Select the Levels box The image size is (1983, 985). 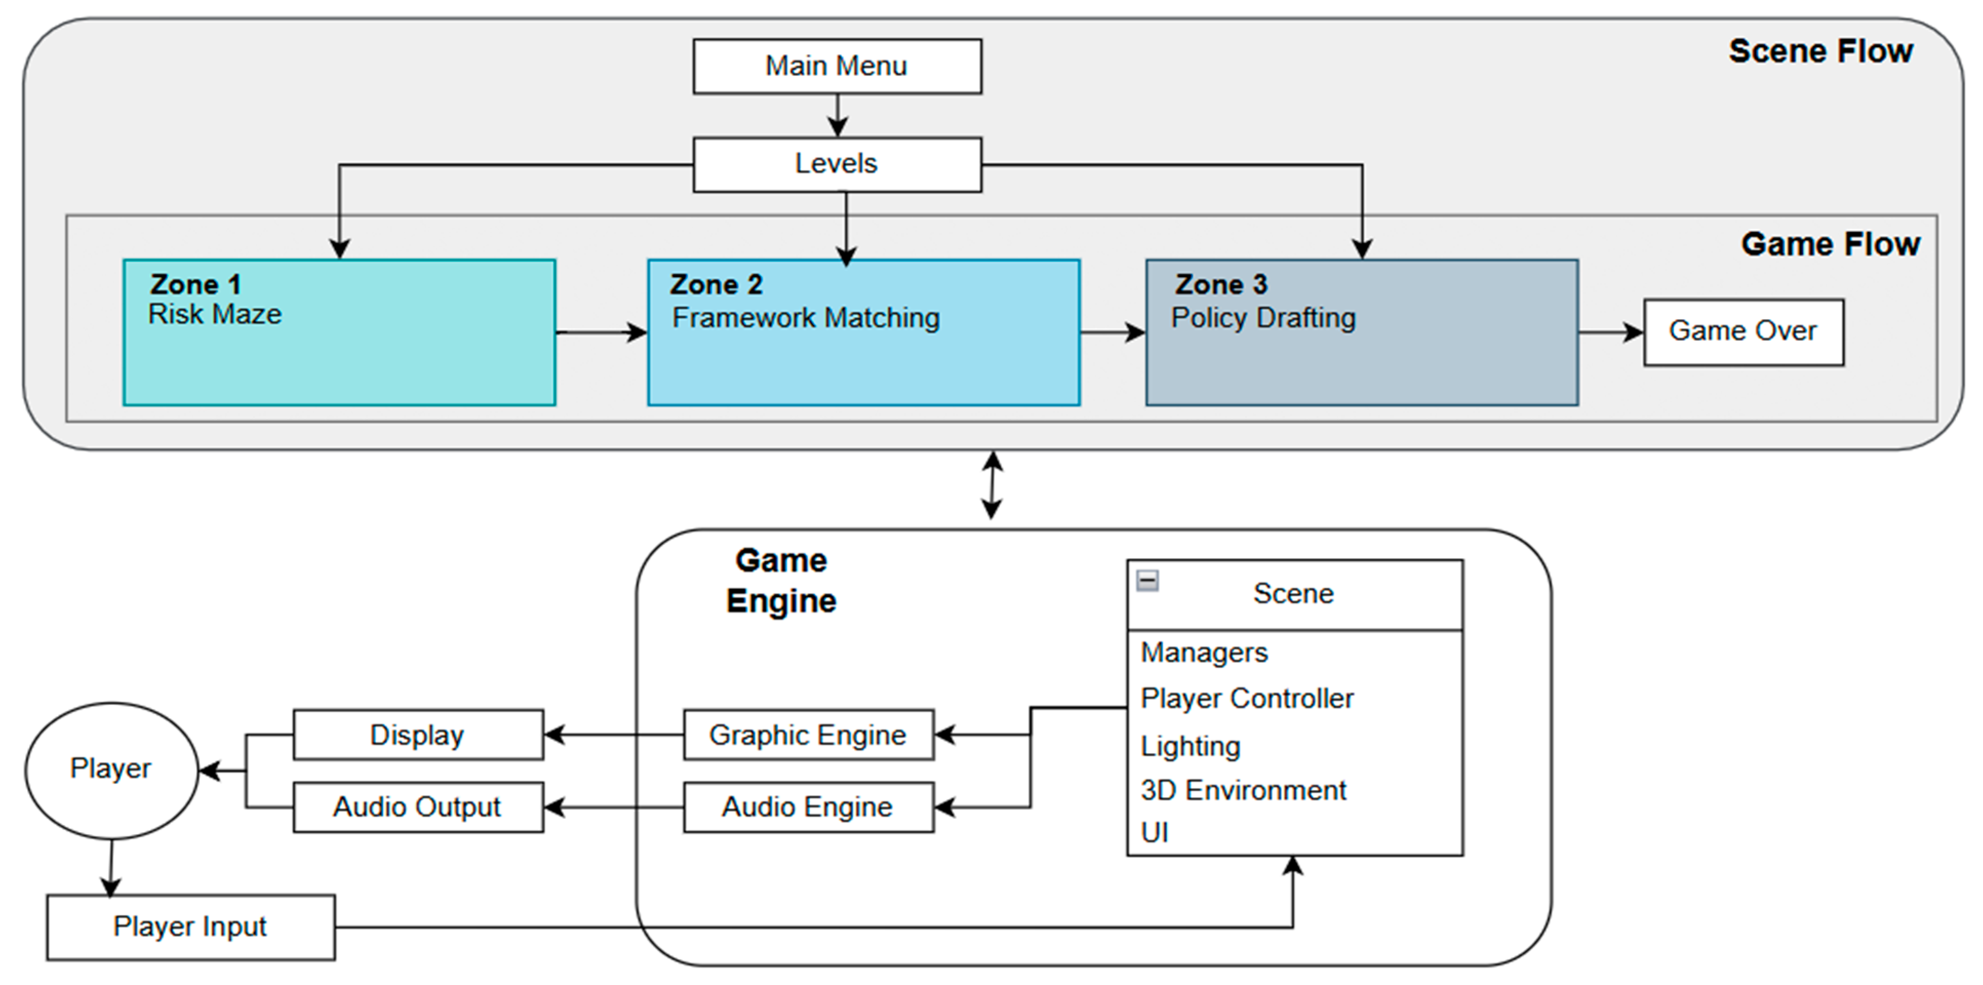tap(837, 164)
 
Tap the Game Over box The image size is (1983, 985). tap(1743, 332)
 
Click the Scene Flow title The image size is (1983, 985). tap(1820, 52)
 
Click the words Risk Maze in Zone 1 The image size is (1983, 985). tap(215, 314)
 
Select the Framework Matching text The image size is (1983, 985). tap(805, 318)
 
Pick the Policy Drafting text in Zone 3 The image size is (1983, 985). tap(1263, 318)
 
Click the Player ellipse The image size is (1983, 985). tap(112, 770)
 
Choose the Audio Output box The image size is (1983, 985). tap(418, 807)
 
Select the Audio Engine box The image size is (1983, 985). tap(808, 807)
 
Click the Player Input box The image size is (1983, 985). tap(190, 927)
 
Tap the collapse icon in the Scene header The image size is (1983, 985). tap(1147, 580)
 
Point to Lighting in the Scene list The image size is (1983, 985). tap(1190, 746)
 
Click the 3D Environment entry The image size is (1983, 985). tap(1243, 790)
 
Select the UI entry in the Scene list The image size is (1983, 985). tap(1155, 833)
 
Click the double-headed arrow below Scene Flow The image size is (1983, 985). tap(992, 485)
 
